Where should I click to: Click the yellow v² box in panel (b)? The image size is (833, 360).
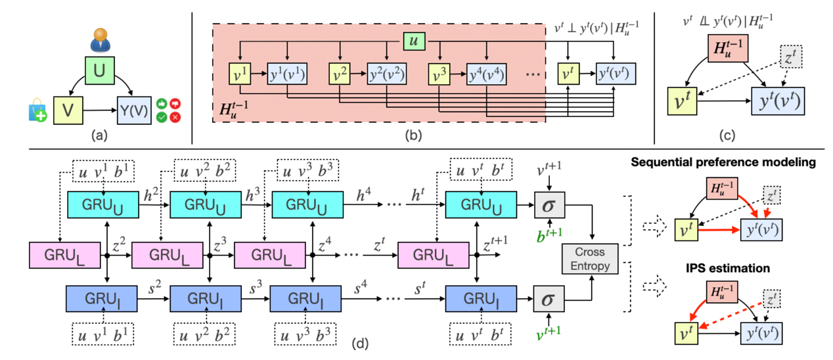click(x=340, y=74)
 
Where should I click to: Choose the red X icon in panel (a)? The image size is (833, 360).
click(x=175, y=116)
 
